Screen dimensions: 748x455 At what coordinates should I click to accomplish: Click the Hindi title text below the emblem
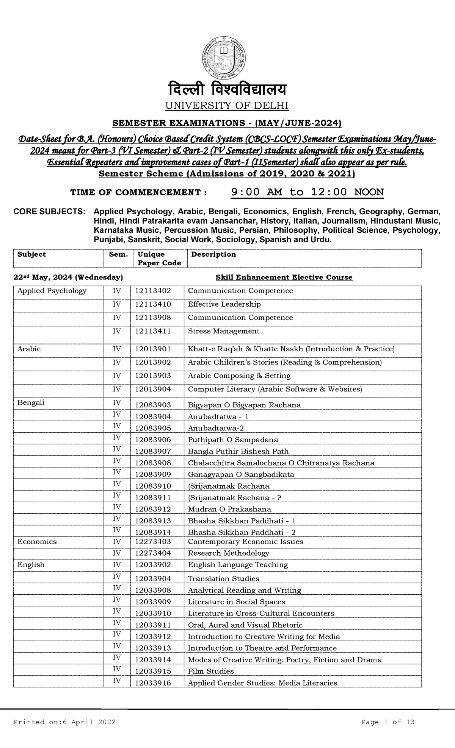pos(227,90)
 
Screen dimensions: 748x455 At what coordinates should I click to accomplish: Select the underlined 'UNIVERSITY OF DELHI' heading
pos(227,106)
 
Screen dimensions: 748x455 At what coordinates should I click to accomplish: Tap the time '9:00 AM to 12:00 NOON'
pos(307,192)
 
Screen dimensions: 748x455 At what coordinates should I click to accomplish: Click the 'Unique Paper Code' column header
pos(159,259)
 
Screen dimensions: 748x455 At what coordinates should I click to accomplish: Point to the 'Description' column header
pos(213,254)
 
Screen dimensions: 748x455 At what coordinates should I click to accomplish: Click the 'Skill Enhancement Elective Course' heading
pos(284,277)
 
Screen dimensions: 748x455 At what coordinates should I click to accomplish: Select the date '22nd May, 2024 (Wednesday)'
pos(68,277)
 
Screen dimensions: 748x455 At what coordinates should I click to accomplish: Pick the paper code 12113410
pos(153,304)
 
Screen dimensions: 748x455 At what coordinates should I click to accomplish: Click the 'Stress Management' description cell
pos(224,331)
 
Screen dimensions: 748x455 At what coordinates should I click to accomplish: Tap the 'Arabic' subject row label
pos(29,349)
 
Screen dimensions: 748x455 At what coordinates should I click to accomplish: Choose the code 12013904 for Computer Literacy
pos(153,389)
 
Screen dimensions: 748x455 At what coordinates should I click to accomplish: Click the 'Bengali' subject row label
pos(31,403)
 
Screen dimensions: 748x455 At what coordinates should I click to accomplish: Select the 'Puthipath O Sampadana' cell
pos(233,440)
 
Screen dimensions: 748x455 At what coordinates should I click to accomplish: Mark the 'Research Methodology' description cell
pos(228,553)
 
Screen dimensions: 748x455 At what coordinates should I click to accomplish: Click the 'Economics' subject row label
pos(37,542)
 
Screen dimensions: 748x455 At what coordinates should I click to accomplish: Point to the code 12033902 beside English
pos(153,565)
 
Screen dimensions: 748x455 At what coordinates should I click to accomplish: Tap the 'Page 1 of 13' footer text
pos(388,722)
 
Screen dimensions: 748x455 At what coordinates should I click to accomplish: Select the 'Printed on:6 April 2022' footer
pos(64,722)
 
